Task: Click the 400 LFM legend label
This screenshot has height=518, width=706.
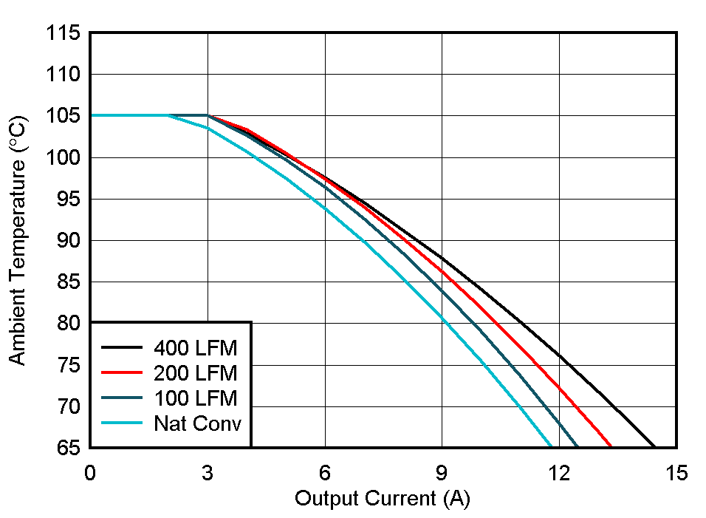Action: (196, 347)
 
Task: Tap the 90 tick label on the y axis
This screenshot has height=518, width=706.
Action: (67, 241)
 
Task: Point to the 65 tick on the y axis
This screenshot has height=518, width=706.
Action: (67, 447)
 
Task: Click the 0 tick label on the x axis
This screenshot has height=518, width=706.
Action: (90, 473)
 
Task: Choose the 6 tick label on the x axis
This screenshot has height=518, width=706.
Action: (325, 473)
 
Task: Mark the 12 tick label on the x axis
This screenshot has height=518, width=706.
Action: (559, 473)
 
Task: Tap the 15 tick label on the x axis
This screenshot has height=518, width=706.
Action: (676, 473)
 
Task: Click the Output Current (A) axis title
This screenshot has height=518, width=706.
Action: (383, 499)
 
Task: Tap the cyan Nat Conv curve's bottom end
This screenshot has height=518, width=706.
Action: (552, 446)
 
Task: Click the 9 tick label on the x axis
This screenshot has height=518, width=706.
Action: (442, 473)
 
